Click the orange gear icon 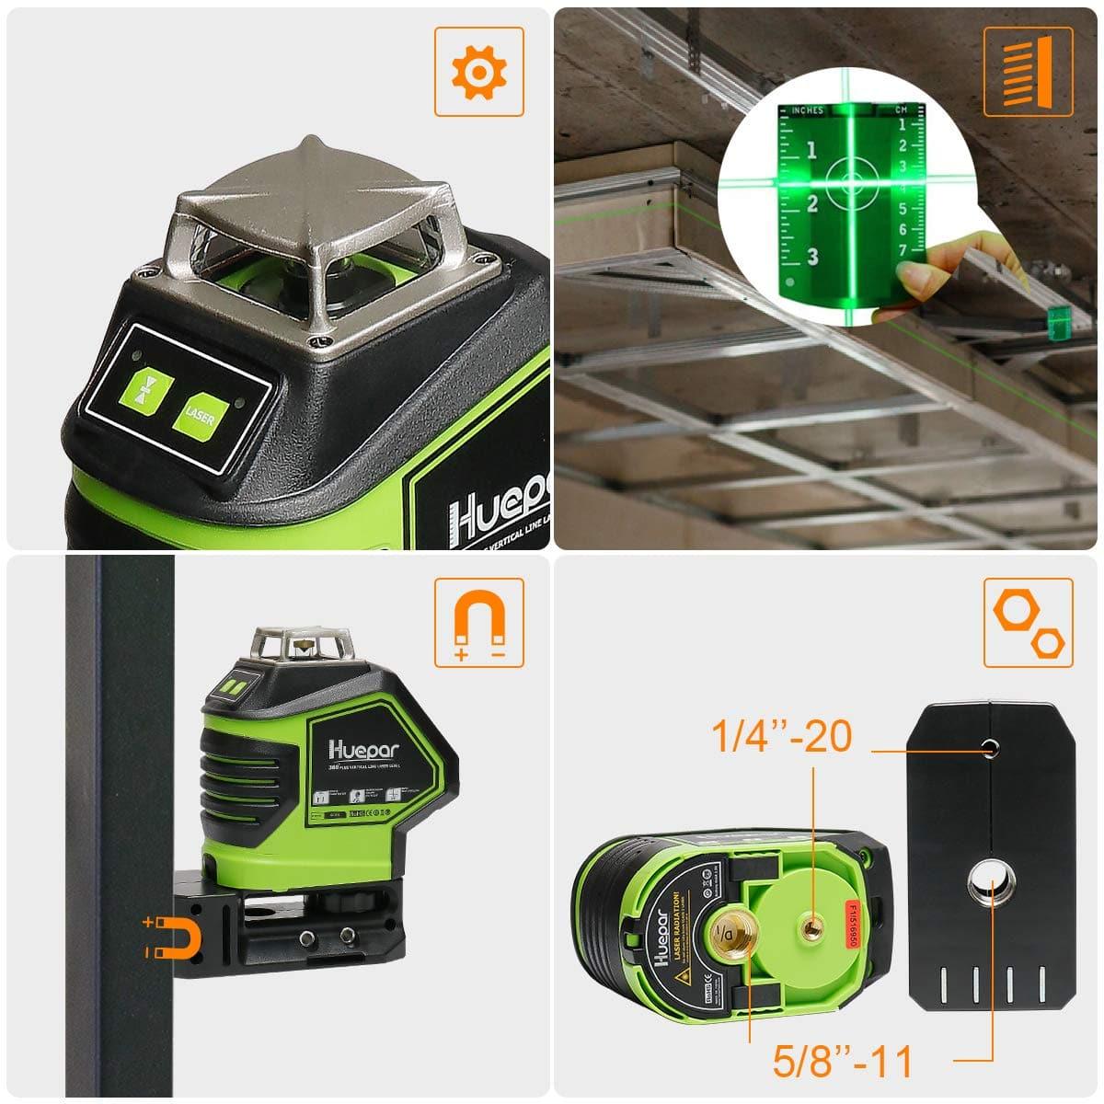(479, 71)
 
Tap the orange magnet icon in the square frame (478, 623)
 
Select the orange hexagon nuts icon (1028, 623)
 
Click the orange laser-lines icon (1028, 72)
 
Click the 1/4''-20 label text (782, 737)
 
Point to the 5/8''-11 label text (842, 1062)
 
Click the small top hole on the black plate (990, 748)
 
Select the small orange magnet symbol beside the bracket (170, 937)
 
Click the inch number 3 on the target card (811, 257)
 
